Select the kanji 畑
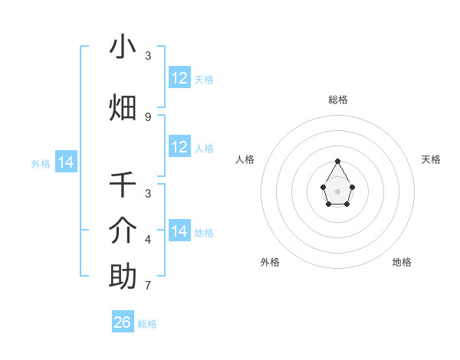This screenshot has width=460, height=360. [123, 107]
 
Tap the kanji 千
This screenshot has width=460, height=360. [123, 185]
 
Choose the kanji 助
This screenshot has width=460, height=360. [123, 277]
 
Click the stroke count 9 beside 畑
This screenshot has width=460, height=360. [148, 116]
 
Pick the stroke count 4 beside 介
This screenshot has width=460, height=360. [148, 240]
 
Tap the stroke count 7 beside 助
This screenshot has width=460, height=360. [148, 286]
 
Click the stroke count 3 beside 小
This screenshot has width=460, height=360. [148, 56]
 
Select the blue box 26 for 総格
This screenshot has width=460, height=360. [123, 322]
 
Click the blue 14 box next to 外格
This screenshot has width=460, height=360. [66, 162]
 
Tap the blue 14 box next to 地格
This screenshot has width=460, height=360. [179, 231]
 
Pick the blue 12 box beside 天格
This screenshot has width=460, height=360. [179, 78]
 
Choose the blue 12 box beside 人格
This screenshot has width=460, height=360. [179, 147]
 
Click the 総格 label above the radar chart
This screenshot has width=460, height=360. [338, 100]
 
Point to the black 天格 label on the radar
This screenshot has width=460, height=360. [431, 159]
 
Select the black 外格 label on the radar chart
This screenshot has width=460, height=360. [270, 262]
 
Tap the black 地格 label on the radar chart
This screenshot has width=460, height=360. [402, 262]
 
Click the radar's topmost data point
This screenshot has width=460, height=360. [338, 161]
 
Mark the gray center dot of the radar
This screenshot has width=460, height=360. [338, 191]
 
